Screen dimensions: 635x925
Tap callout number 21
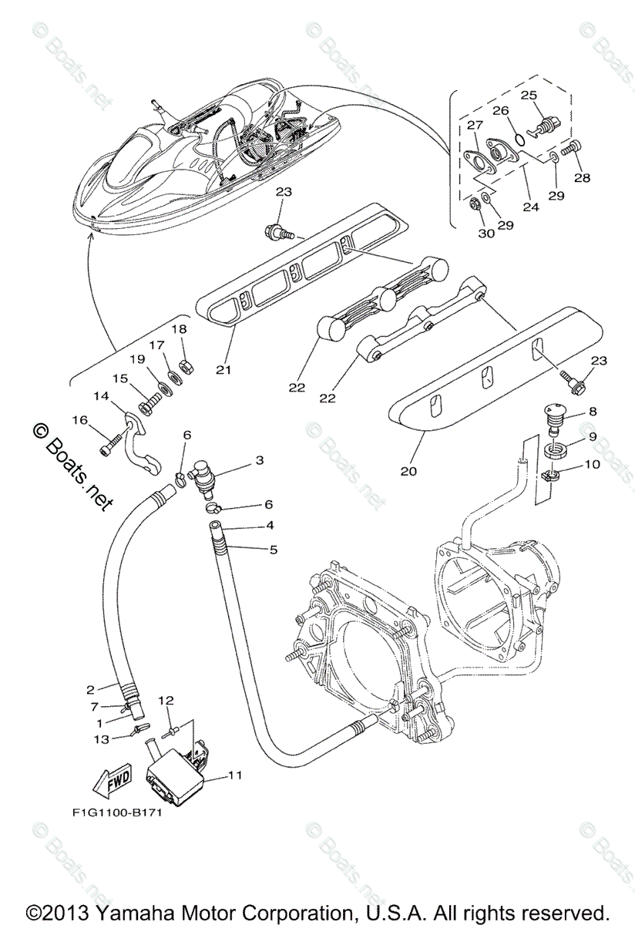tap(223, 370)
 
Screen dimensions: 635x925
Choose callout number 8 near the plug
tap(592, 411)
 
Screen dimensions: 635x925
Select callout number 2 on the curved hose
tap(90, 689)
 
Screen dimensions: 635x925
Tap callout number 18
tap(179, 329)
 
